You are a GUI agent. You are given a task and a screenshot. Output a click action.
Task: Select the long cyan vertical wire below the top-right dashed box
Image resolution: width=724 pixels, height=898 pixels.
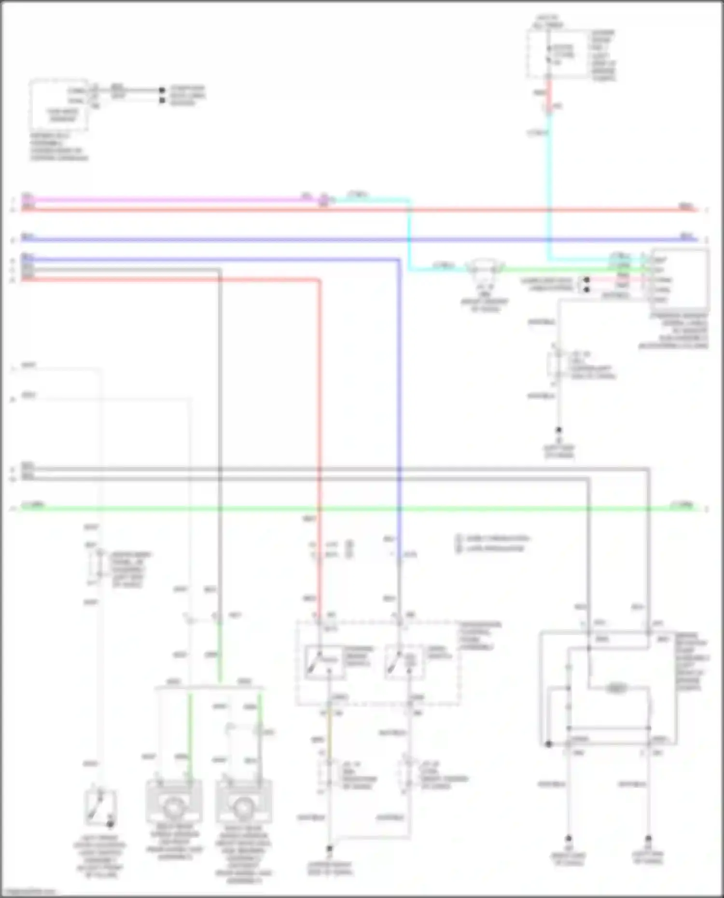549,193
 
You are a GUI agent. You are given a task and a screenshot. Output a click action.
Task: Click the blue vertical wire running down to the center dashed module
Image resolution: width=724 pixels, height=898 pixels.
399,386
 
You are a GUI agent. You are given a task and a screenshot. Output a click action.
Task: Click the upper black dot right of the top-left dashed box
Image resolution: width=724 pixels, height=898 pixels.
162,90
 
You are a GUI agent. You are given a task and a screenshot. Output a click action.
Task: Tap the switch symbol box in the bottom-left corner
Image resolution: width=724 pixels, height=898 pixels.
100,807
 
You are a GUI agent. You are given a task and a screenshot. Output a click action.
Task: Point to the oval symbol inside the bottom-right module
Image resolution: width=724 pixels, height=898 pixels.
616,688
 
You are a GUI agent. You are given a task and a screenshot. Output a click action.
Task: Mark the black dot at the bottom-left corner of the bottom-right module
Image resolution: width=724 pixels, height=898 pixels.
548,744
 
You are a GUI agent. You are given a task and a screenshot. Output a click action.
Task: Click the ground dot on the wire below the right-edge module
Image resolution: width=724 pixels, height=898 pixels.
558,430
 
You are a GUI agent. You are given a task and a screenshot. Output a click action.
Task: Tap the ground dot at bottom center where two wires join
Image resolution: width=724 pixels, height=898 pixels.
330,848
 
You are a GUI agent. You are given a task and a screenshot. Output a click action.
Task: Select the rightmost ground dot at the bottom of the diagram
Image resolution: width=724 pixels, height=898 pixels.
648,839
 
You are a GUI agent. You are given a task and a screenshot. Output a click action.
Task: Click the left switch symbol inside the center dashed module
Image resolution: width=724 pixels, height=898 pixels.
324,662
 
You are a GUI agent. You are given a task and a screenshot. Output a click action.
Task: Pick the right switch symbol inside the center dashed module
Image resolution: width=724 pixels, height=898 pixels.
404,662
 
